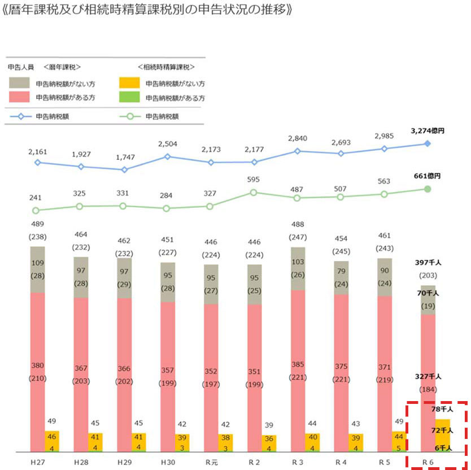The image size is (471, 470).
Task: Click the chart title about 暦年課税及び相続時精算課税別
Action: pos(147,11)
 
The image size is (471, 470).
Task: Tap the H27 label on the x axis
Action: pos(37,462)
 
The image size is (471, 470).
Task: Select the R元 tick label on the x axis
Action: pos(211,462)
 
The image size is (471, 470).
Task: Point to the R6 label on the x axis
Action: pos(428,462)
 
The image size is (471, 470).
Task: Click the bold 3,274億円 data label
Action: pos(428,130)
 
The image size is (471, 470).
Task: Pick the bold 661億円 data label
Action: pos(427,176)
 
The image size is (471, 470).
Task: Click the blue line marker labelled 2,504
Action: pos(167,156)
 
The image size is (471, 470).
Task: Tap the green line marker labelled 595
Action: pos(254,193)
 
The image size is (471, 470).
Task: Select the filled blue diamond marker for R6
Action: pos(428,143)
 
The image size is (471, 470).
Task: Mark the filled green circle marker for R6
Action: pos(428,189)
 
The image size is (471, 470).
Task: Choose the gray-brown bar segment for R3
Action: pos(298,268)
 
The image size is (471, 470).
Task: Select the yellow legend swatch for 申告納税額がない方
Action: pos(129,83)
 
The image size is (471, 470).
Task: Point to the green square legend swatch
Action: pos(129,97)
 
